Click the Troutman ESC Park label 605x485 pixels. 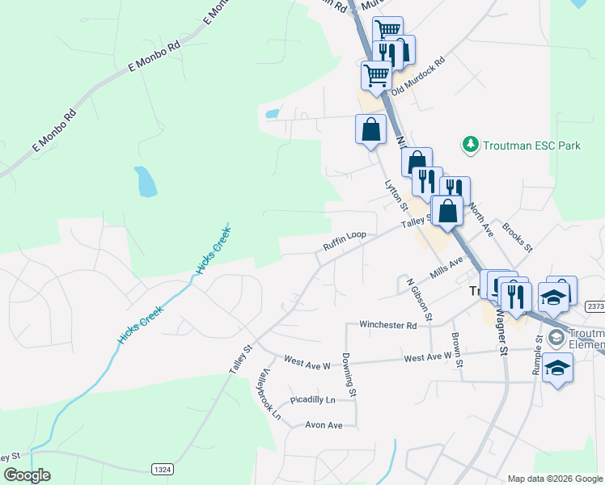point(533,146)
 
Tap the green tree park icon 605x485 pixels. point(470,145)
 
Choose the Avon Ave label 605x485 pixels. point(324,425)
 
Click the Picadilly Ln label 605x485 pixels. point(312,399)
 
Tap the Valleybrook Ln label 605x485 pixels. point(269,395)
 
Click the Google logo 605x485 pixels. point(27,475)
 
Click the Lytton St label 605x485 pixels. point(394,196)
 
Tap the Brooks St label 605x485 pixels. point(517,236)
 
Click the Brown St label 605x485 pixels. point(457,350)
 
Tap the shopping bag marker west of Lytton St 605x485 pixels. point(370,129)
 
